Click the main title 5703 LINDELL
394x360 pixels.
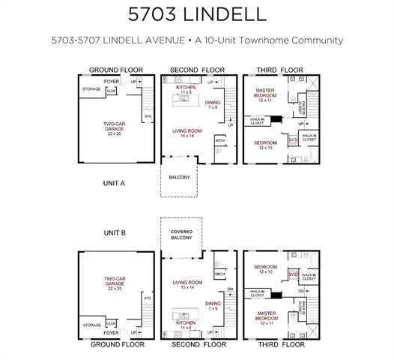coord(196,14)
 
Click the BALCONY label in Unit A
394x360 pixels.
coord(178,178)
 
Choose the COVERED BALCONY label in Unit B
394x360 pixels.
coord(181,235)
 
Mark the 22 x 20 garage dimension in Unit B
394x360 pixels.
coord(115,288)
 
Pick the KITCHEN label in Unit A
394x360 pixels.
coord(186,88)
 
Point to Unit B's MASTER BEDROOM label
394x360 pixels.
coord(265,316)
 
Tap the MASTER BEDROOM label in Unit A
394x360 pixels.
coord(266,94)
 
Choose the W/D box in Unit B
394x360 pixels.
coord(293,274)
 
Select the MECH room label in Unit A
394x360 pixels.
coord(220,140)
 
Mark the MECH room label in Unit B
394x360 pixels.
coord(219,274)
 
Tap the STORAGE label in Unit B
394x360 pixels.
coord(92,325)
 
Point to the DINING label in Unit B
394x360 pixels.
coord(213,304)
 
